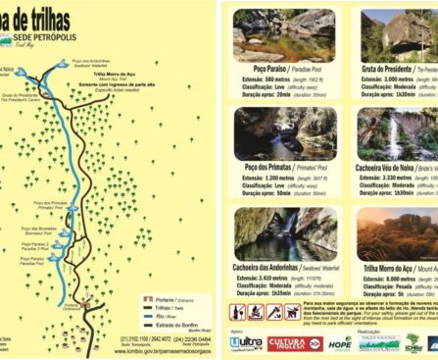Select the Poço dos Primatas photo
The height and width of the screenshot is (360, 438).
268,132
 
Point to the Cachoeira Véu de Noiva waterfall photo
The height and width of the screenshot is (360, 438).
396,132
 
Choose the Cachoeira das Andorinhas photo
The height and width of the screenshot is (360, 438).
268,231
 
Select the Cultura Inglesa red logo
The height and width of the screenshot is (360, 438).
294,343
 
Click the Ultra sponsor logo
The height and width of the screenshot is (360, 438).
245,343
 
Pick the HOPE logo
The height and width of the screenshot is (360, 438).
339,343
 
